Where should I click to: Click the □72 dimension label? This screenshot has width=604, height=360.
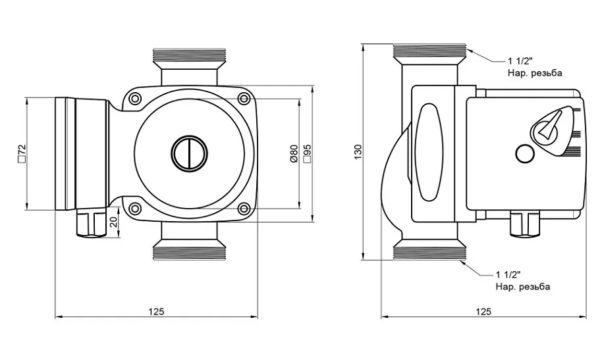[22, 153]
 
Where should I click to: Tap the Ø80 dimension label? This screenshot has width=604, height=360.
[294, 153]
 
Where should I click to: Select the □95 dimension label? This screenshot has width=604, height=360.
[307, 153]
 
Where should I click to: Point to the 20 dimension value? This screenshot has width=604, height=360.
[113, 222]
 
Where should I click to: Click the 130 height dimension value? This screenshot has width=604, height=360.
[358, 152]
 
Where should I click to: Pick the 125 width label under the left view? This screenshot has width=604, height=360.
[156, 311]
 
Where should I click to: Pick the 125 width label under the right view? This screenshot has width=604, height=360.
[483, 311]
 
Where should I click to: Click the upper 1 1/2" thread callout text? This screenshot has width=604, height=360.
[520, 61]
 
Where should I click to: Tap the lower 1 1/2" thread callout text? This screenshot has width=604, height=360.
[508, 274]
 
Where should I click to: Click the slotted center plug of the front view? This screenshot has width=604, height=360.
[189, 153]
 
